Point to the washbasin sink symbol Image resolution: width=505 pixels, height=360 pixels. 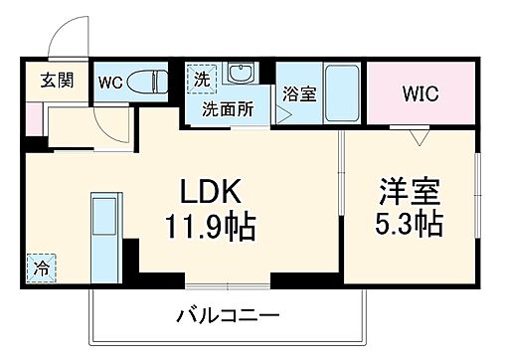point(239,75)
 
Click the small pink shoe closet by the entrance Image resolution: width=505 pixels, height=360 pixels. point(33,115)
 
